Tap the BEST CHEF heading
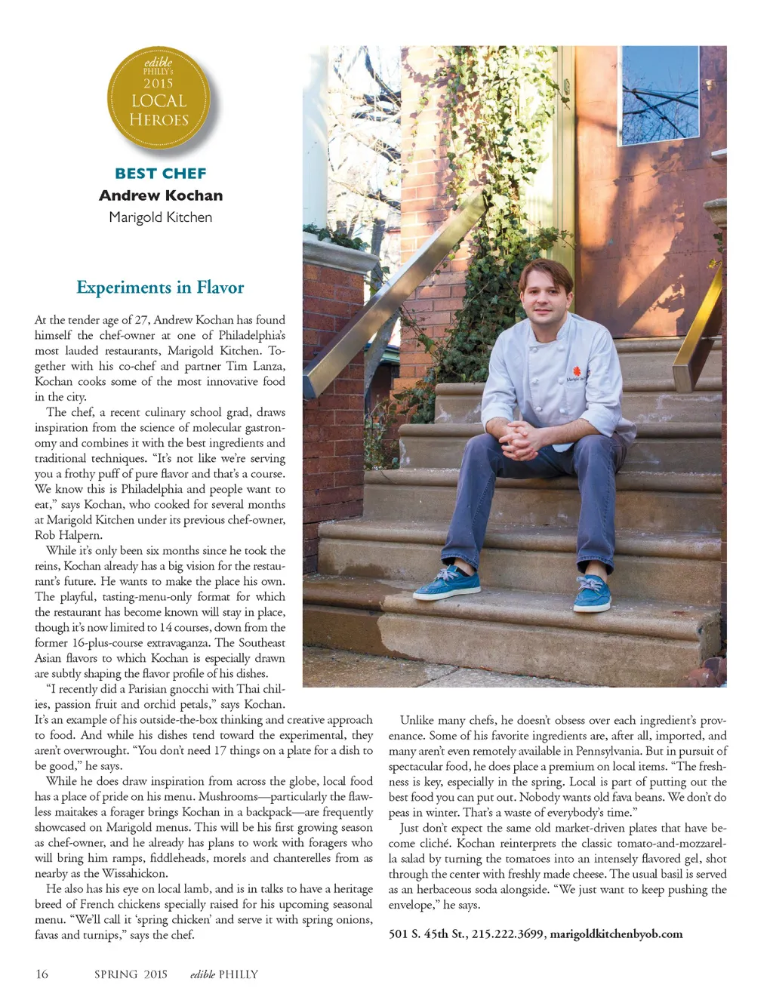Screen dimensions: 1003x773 coord(160,174)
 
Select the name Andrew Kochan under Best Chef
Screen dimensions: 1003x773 coord(160,195)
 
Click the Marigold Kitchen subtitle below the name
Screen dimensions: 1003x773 coord(160,217)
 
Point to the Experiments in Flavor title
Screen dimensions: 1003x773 coord(160,288)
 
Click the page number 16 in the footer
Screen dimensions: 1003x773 coord(42,974)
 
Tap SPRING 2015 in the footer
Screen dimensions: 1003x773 coord(131,974)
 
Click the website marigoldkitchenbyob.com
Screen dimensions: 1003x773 coord(616,934)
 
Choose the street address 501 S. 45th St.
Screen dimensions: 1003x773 coord(427,934)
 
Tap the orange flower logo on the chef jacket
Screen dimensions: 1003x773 coord(577,370)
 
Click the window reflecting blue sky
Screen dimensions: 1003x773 coord(659,94)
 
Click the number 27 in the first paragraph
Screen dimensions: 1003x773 coord(141,320)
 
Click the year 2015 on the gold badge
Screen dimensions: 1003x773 coord(159,83)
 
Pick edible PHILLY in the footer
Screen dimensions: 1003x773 coord(223,974)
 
